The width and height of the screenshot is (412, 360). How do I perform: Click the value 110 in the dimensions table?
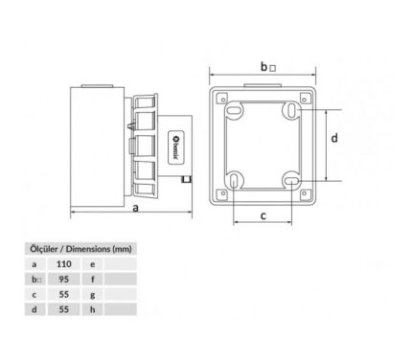pos(64,264)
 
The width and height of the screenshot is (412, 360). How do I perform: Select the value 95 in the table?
pos(64,280)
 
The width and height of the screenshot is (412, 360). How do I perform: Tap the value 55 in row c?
pos(64,294)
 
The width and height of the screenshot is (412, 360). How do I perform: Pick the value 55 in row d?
pos(64,309)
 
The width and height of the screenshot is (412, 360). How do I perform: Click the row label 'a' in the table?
pos(34,264)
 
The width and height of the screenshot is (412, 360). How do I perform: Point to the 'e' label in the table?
pos(93,264)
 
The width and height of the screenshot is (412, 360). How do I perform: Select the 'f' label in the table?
pos(93,280)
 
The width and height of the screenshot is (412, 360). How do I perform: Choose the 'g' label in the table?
pos(93,295)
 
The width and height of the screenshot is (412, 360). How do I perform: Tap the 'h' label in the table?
pos(93,309)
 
